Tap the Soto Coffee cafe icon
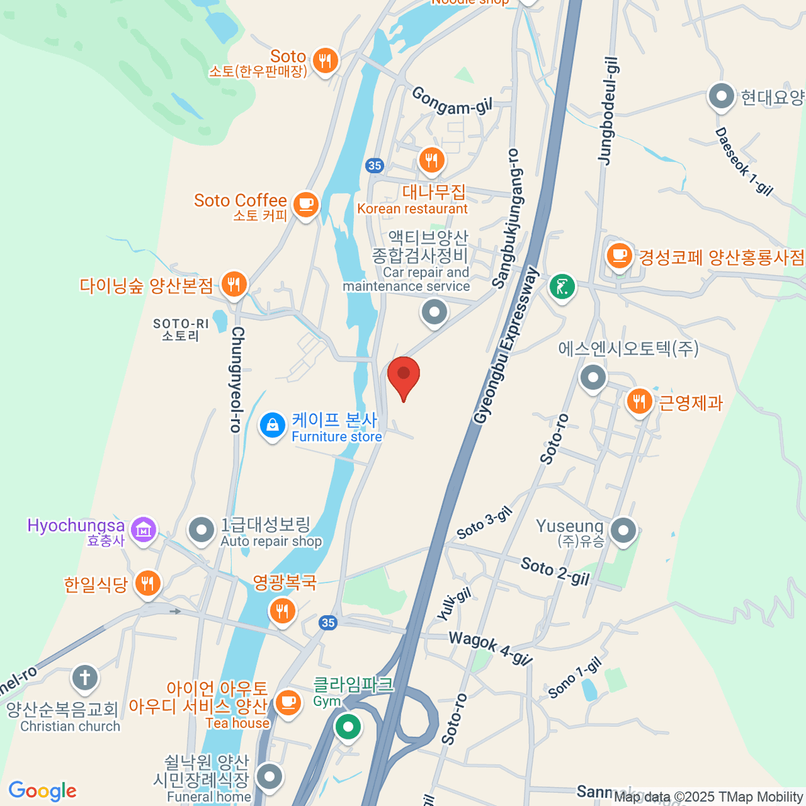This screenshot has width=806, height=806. [x=306, y=204]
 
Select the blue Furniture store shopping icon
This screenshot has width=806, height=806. [x=273, y=425]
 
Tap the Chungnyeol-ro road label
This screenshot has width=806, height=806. [x=236, y=379]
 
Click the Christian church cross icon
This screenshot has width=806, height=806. [x=85, y=678]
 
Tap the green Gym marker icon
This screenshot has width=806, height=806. [x=348, y=727]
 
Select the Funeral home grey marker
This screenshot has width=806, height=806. [x=270, y=777]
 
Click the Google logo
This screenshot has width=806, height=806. [x=42, y=791]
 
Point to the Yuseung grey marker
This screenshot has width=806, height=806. [x=624, y=531]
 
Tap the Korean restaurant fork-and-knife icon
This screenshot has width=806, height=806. [x=431, y=161]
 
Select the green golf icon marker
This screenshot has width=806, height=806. [x=562, y=287]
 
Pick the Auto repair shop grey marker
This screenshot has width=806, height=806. [x=201, y=531]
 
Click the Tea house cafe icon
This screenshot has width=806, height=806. [x=288, y=703]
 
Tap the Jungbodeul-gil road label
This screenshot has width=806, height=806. [x=607, y=111]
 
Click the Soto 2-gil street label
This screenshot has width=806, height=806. [x=555, y=571]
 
